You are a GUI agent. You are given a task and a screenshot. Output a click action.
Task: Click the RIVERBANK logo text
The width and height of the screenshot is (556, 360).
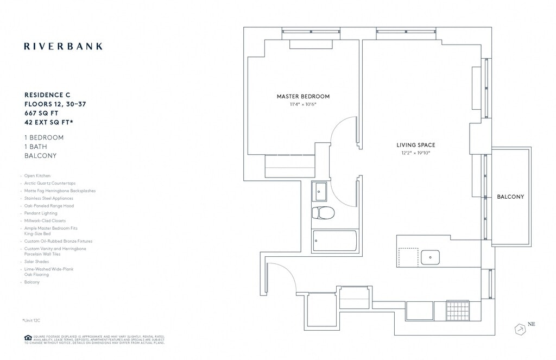pos(63,46)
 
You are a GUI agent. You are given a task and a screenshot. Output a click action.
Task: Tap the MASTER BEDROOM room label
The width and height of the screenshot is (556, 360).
pos(303,97)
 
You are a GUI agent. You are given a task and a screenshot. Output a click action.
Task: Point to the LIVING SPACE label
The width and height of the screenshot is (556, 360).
pos(415,145)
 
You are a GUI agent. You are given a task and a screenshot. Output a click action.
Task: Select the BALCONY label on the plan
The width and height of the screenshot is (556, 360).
pos(510,197)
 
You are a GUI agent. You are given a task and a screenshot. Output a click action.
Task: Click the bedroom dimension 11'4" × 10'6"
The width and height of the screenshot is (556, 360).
pos(303,104)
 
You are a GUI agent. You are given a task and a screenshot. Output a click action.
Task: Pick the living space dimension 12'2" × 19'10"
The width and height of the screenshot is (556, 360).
pos(415,153)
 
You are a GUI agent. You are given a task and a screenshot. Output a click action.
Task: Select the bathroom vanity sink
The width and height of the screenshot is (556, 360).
pos(319,191)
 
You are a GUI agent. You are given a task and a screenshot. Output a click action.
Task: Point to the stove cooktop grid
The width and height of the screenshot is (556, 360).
pos(457,311)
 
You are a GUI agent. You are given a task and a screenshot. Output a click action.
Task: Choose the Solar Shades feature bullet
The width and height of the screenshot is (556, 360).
pos(37,262)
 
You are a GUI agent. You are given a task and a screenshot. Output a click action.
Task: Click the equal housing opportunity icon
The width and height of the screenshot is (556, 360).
pos(27,338)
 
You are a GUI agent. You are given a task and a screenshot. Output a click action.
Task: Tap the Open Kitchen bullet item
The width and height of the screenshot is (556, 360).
pos(37,176)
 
